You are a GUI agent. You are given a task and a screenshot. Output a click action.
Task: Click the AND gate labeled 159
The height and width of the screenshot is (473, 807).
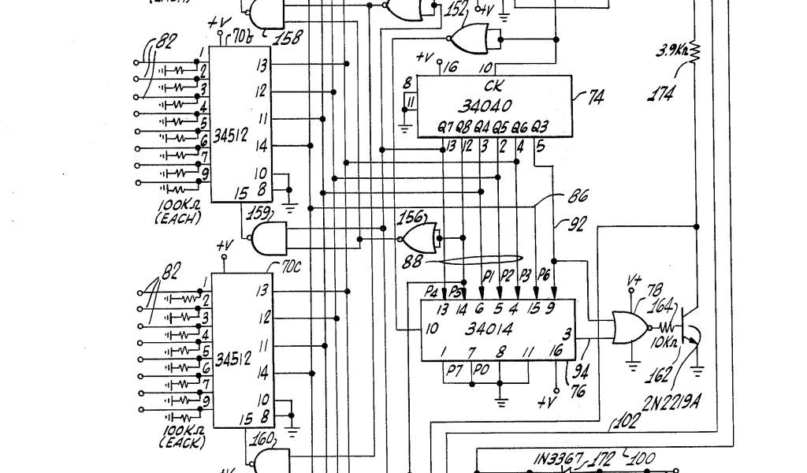coord(267,236)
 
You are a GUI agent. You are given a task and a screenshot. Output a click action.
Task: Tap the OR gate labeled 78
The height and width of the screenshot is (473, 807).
coord(628,327)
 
